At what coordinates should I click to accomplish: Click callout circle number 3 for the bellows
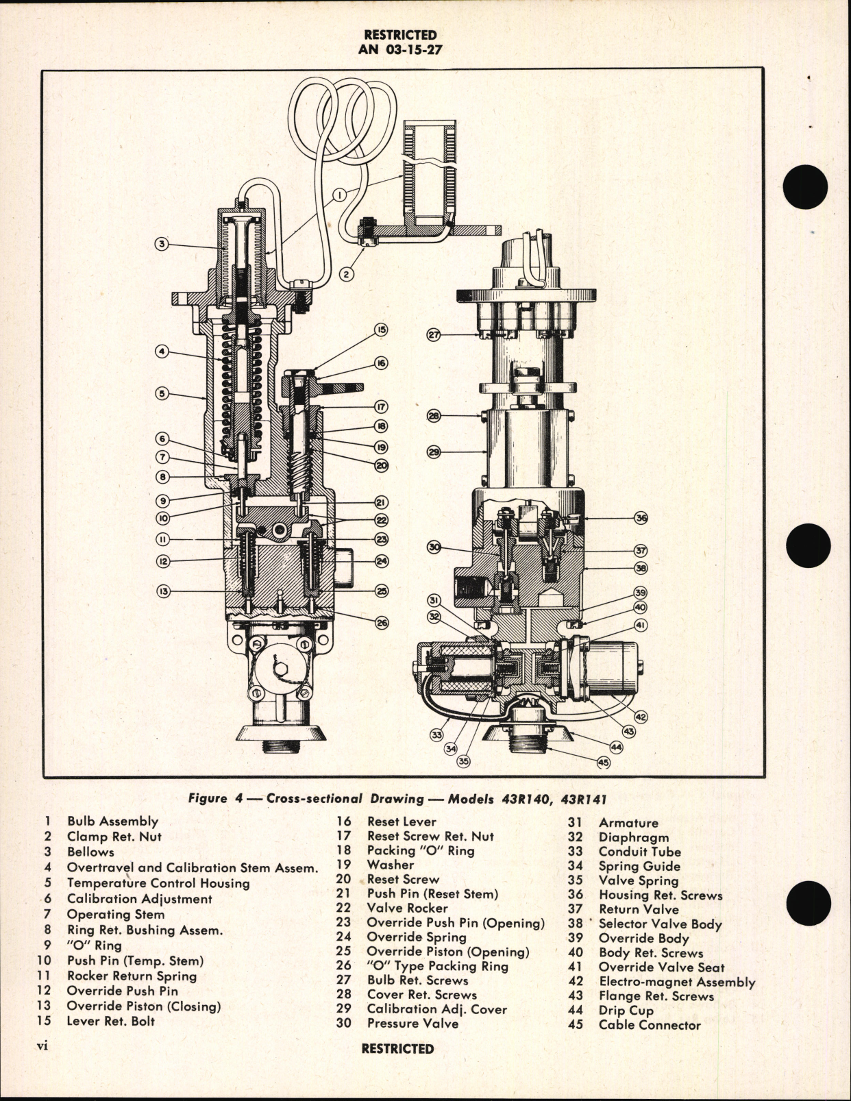coord(162,244)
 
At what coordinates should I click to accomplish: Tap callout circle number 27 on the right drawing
coord(433,335)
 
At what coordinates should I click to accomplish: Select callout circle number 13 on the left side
coord(162,591)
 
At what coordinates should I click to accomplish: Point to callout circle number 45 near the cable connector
coord(603,761)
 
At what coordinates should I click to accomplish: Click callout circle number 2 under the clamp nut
coord(347,274)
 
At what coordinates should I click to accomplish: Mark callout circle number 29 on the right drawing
coord(433,452)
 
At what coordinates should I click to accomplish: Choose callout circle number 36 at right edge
coord(641,518)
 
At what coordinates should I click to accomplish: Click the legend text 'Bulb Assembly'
coord(112,821)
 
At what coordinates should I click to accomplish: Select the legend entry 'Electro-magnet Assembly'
coord(676,982)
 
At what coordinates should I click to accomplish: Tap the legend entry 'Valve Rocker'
coord(407,908)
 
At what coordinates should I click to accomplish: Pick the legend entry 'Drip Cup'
coord(626,1010)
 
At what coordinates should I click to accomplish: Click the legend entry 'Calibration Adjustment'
coord(139,899)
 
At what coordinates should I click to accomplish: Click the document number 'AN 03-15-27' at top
coord(399,49)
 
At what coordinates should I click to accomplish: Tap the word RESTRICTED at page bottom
coord(397,1049)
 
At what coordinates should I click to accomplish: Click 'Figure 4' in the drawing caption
coord(208,798)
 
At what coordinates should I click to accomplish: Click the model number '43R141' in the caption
coord(587,798)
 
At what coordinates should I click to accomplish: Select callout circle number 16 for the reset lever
coord(381,362)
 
